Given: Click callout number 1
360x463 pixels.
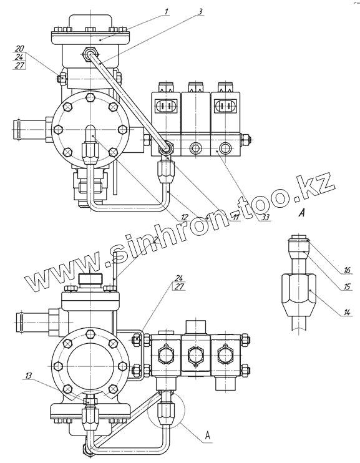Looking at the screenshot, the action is pyautogui.click(x=166, y=11).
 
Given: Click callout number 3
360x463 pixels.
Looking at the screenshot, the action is pyautogui.click(x=200, y=11).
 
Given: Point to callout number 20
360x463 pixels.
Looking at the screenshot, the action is pyautogui.click(x=20, y=49).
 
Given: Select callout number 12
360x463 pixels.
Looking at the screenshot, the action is pyautogui.click(x=184, y=217).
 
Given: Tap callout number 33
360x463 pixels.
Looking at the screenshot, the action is pyautogui.click(x=266, y=217).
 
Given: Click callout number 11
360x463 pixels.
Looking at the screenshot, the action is pyautogui.click(x=235, y=217).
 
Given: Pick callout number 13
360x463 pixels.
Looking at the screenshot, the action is pyautogui.click(x=28, y=375).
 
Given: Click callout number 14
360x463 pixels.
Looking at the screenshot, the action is pyautogui.click(x=348, y=312).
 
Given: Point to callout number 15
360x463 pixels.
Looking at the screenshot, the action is pyautogui.click(x=347, y=286).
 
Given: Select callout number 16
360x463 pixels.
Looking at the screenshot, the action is pyautogui.click(x=347, y=270).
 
